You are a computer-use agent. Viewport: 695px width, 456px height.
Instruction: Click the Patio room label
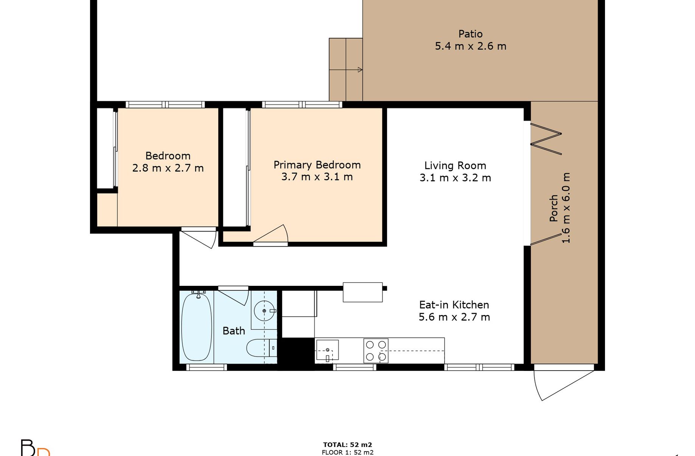(x=470, y=34)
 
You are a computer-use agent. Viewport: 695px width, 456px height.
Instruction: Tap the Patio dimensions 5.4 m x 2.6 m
(x=470, y=46)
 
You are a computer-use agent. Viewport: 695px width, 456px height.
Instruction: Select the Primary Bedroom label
(x=317, y=165)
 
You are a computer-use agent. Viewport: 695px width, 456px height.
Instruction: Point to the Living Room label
(x=455, y=166)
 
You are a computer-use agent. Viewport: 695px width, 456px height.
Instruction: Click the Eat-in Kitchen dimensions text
(x=454, y=317)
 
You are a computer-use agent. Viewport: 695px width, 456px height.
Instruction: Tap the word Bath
(x=233, y=331)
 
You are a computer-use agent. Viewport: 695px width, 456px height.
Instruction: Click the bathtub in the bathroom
(x=196, y=327)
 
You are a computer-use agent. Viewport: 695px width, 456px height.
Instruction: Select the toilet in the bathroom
(x=261, y=348)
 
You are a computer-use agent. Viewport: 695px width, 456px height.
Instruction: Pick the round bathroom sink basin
(x=264, y=311)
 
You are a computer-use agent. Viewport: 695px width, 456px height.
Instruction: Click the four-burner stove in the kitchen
(x=376, y=351)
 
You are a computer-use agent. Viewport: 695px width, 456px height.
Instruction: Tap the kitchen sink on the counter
(x=327, y=350)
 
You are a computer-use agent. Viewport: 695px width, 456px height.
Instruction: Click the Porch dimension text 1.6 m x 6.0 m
(x=566, y=208)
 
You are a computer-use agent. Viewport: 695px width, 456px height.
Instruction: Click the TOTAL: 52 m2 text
(x=347, y=445)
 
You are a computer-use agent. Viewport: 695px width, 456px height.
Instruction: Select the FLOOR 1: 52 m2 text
(x=347, y=453)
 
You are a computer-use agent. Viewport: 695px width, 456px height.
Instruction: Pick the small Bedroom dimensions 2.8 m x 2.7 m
(x=168, y=168)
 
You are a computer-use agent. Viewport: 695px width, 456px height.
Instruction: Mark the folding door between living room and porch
(x=546, y=139)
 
